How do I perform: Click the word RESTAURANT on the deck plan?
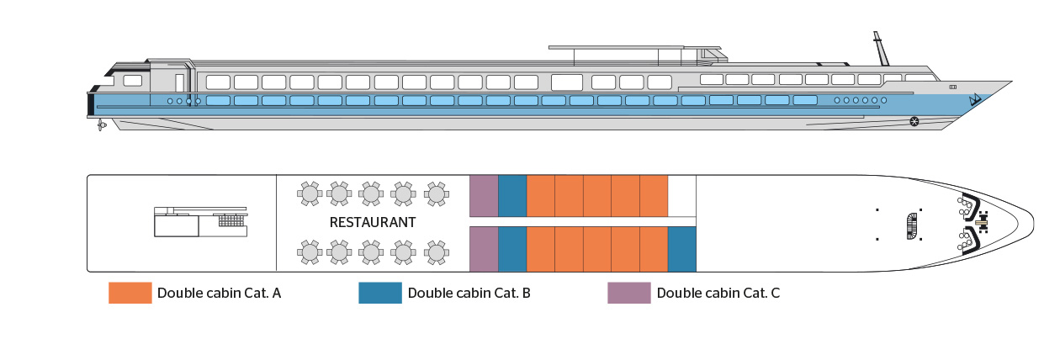coord(373,223)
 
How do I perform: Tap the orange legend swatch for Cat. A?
coord(130,293)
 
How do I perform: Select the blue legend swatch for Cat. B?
coord(379,293)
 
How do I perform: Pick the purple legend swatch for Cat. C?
coord(628,293)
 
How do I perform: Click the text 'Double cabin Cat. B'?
coord(469,294)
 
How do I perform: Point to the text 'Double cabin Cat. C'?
coord(718,294)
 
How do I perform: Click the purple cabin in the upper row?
coord(484,195)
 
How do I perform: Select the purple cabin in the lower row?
coord(484,249)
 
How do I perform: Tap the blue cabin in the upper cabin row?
coord(512,195)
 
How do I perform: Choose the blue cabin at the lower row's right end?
coord(682,249)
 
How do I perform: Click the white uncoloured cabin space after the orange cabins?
coord(682,195)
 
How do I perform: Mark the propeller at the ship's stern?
coord(101,124)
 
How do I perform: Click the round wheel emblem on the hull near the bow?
coord(914,123)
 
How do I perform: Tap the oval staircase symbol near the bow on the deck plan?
coord(910,224)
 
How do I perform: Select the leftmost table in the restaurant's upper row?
coord(310,193)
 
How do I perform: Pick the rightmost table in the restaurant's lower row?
coord(436,251)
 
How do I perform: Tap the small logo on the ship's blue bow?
coord(975,100)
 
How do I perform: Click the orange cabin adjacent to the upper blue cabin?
coord(541,195)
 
